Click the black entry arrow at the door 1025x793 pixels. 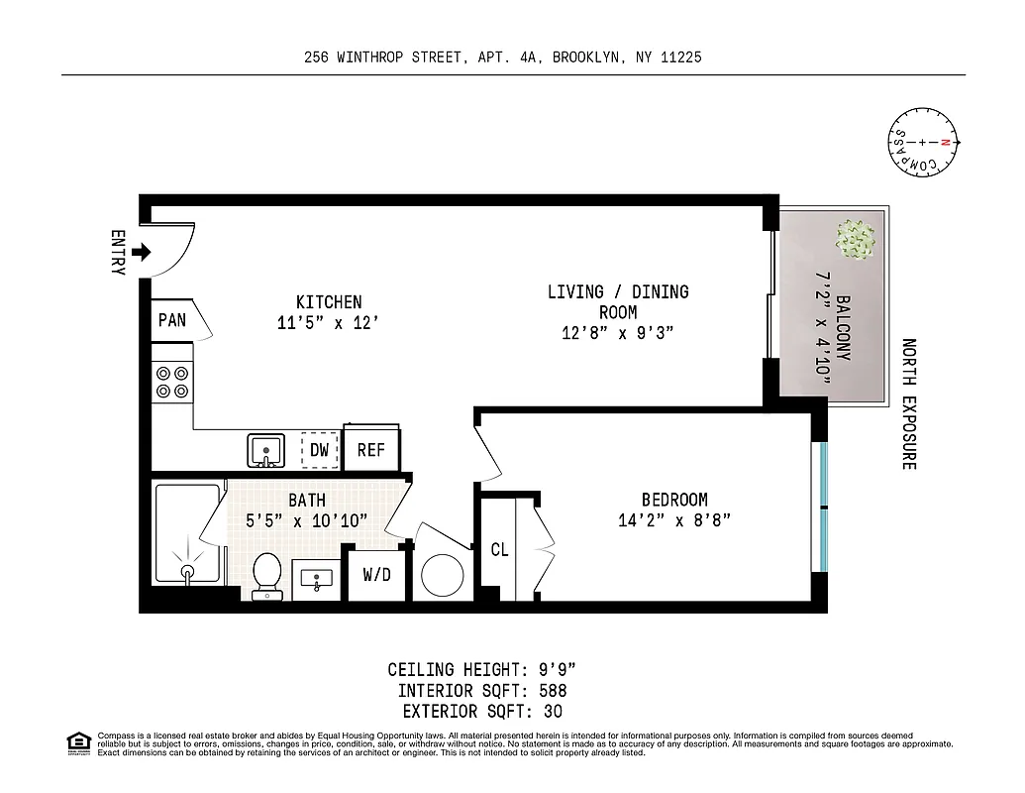point(141,252)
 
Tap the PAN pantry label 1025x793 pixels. point(171,320)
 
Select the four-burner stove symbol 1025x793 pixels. point(172,382)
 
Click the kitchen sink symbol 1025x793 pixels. point(265,450)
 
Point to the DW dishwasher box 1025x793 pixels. point(319,450)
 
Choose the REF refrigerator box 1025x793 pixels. point(371,450)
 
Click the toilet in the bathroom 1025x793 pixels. point(266,576)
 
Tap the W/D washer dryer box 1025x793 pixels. point(376,575)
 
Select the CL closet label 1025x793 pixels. point(499,549)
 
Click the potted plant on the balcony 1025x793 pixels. point(856,238)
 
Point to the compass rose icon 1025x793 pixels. point(922,143)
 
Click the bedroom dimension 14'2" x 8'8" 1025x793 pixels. point(673,520)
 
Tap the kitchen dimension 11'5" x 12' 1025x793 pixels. point(328,322)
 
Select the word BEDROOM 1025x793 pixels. point(674,500)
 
